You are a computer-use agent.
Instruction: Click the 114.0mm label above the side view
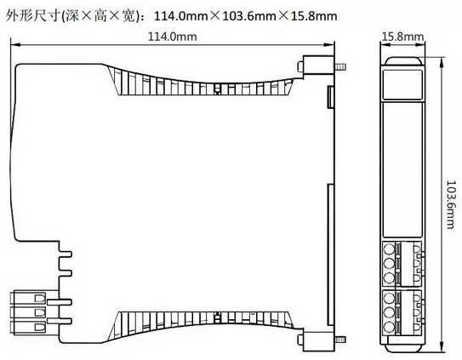tap(173, 37)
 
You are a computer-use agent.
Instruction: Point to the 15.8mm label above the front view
tap(402, 37)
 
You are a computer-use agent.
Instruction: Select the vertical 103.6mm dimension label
tap(451, 204)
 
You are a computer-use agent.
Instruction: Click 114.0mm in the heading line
tap(181, 16)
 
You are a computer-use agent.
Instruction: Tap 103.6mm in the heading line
tap(249, 16)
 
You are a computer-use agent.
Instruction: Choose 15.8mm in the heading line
tap(314, 16)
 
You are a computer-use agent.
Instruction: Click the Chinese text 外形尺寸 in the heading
tap(32, 15)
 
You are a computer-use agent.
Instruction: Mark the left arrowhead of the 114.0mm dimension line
tap(15, 45)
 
